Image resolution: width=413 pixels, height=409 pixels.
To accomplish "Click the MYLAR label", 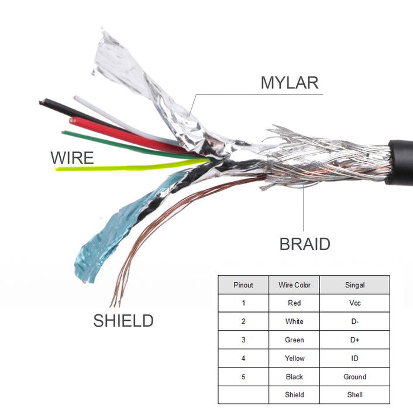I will [x=290, y=82].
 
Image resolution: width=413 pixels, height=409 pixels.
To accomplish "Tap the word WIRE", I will [x=72, y=158].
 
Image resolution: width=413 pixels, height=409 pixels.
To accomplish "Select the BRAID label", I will [x=305, y=244].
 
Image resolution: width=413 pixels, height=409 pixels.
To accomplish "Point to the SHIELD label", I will [x=123, y=320].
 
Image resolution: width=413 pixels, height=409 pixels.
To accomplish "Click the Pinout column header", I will [x=243, y=285].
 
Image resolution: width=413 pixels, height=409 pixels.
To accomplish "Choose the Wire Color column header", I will [x=294, y=285].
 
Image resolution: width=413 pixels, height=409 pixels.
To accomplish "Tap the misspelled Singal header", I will [x=355, y=285].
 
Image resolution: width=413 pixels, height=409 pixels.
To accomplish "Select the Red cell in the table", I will [x=294, y=303].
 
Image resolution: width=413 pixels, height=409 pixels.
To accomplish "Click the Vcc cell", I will [x=355, y=303].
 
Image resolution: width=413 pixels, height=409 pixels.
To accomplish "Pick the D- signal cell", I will [x=355, y=321].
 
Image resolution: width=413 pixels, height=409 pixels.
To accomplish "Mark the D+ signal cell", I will [x=355, y=340].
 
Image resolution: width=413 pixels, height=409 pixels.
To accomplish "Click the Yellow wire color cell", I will [x=294, y=358].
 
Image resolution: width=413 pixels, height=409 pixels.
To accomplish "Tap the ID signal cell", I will [x=355, y=358].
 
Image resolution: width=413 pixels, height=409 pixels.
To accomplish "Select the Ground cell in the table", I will [x=355, y=377].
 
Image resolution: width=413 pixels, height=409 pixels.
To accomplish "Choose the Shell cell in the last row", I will [x=355, y=395].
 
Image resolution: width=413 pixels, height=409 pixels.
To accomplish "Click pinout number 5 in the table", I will [x=243, y=377].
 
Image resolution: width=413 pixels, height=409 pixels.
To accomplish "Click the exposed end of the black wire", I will [x=42, y=103].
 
